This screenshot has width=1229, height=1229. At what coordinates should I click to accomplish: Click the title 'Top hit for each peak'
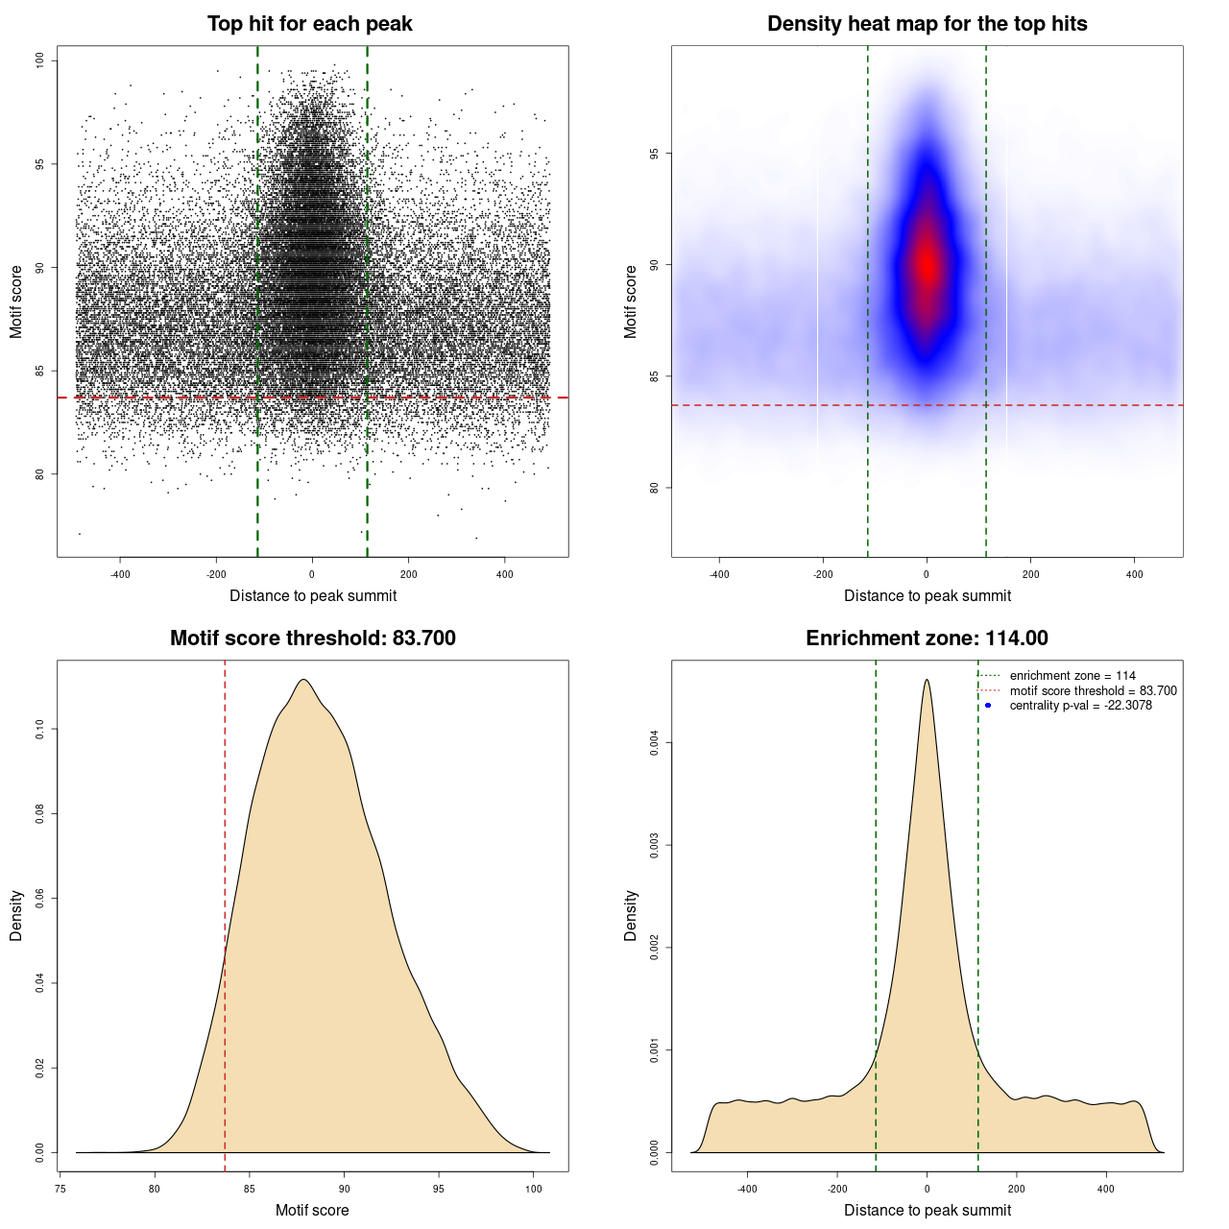309,24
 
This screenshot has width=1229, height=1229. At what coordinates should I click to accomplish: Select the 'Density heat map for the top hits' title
927,24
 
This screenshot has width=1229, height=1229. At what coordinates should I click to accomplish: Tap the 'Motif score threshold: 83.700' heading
312,639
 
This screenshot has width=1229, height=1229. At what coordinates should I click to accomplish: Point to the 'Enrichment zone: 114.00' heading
927,639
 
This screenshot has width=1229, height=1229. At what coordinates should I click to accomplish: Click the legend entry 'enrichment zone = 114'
1072,676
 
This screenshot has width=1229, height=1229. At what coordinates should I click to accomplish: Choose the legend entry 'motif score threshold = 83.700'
1093,690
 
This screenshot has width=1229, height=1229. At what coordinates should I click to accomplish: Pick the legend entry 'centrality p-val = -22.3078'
1080,706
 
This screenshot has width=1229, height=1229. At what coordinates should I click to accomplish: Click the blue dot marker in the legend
988,706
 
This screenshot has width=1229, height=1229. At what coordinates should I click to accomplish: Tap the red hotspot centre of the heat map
927,264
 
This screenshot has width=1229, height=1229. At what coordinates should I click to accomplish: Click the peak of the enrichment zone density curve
927,680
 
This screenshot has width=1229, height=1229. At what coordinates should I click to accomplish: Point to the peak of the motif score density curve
303,680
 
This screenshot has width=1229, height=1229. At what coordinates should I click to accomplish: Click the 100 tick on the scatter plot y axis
40,60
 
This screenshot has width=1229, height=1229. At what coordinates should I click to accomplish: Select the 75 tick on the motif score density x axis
60,1189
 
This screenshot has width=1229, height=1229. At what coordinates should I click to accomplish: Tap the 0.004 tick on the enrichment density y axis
655,742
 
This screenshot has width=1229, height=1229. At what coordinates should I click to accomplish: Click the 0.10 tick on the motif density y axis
40,730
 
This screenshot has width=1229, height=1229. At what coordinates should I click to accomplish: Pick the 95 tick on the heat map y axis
655,154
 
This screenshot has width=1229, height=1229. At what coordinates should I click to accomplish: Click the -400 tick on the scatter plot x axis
120,574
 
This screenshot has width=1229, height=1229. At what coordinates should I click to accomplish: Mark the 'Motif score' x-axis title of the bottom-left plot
312,1210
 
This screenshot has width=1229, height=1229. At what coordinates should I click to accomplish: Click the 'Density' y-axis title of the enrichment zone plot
631,915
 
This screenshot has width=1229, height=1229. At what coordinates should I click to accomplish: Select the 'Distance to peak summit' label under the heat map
927,595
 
